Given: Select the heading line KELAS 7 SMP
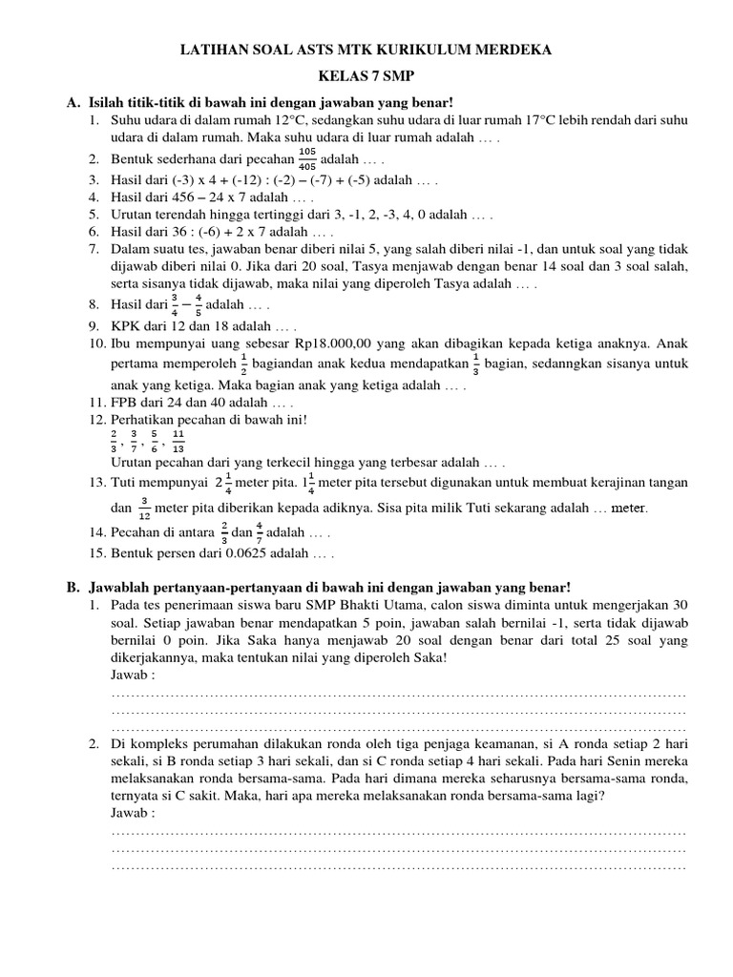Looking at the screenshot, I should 366,76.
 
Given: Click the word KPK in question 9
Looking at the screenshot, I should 127,323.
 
